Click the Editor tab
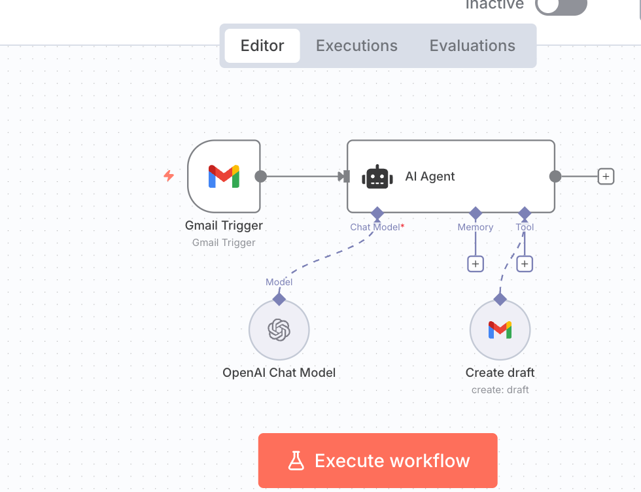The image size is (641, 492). [262, 46]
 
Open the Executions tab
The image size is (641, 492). [356, 46]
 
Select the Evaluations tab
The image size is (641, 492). [472, 46]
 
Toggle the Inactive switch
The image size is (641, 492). [561, 5]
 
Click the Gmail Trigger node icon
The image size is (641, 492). [224, 176]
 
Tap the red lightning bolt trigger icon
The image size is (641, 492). [169, 176]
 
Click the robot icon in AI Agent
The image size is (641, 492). [379, 177]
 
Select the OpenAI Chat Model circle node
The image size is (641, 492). [279, 330]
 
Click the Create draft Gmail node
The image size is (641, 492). [500, 330]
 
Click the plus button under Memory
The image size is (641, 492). [476, 264]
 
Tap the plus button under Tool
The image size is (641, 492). [525, 264]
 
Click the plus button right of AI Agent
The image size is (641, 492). [606, 176]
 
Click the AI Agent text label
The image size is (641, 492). [430, 177]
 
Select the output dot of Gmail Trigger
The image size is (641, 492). [260, 176]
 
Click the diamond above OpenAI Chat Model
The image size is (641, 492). [279, 299]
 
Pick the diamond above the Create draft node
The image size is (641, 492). [500, 299]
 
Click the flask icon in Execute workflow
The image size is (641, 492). [296, 461]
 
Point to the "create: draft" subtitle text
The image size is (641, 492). [500, 390]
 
